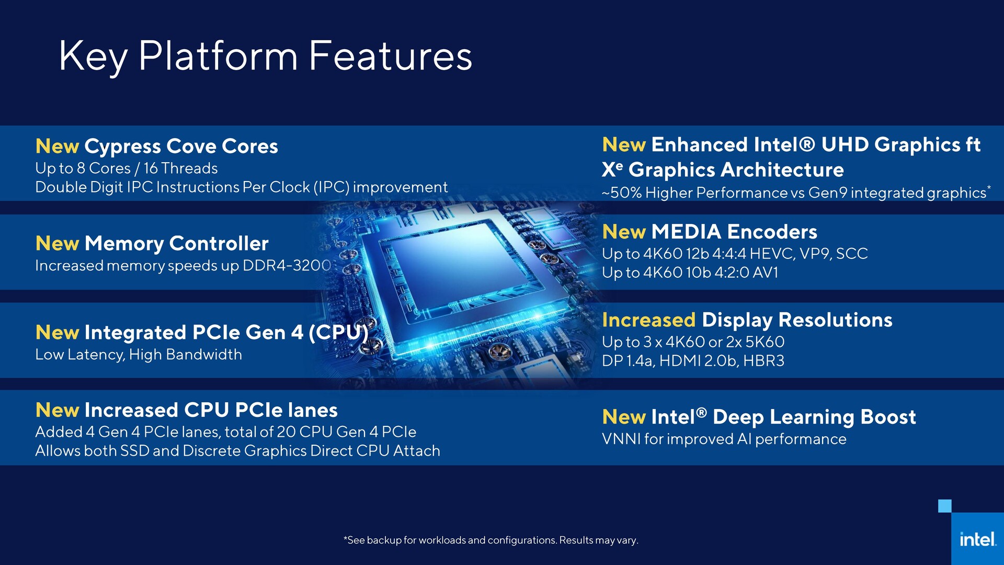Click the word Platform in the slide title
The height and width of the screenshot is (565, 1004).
(x=218, y=56)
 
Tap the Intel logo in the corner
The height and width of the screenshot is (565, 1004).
(x=977, y=539)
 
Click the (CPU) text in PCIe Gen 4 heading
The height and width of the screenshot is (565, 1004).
(x=338, y=333)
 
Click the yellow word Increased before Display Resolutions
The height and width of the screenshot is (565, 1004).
(x=648, y=320)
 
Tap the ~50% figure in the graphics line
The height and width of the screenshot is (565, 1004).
(x=622, y=193)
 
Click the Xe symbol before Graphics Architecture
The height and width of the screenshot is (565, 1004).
(x=612, y=169)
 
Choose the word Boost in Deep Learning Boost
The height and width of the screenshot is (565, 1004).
(x=888, y=417)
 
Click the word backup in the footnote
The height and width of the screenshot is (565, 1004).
(x=384, y=540)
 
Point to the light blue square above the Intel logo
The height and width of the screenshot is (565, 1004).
(x=944, y=506)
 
